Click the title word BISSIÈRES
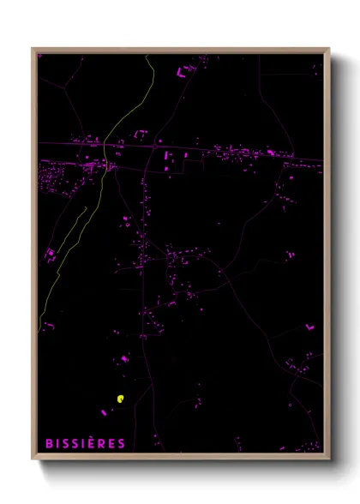(86, 443)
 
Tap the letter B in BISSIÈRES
(49, 443)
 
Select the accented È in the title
(96, 443)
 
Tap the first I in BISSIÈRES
(58, 443)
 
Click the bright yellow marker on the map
(121, 399)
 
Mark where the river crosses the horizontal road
(105, 145)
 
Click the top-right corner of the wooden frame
(328, 49)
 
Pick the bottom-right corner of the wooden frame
(328, 459)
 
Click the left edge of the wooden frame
(33, 257)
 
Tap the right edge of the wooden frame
(328, 257)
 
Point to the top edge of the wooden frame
(180, 49)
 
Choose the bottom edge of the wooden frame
(180, 459)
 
